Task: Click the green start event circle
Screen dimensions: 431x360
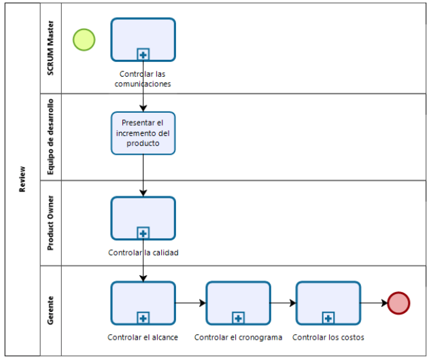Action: (x=84, y=40)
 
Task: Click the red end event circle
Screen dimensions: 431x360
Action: (x=398, y=303)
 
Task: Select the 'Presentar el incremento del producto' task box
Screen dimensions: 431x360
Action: (x=143, y=133)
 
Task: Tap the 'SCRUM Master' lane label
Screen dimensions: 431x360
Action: (x=50, y=48)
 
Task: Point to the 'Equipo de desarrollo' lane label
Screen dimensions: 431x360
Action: (x=50, y=137)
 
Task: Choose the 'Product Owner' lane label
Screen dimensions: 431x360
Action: (x=50, y=223)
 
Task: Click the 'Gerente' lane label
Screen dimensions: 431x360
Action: (x=50, y=310)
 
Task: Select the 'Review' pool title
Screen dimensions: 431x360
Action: (x=22, y=179)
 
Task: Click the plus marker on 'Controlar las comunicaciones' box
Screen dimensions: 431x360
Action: (x=143, y=54)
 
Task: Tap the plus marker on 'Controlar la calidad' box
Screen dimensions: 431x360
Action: (x=143, y=233)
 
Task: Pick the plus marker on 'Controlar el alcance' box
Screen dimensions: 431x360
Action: (x=143, y=318)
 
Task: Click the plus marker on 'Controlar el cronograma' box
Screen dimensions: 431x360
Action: (x=239, y=318)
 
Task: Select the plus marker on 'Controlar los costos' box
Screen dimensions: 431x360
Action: (x=328, y=318)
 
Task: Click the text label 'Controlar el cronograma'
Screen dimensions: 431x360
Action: (x=239, y=337)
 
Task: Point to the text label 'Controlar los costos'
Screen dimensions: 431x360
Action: (x=328, y=337)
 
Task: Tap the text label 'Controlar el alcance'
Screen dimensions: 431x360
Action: (x=143, y=337)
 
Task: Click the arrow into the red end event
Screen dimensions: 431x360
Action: (x=374, y=303)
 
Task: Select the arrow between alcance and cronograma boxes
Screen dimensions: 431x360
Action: (x=191, y=303)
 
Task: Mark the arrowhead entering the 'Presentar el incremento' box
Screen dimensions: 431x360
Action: (x=143, y=109)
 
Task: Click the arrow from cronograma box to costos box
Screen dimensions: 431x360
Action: (x=283, y=303)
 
